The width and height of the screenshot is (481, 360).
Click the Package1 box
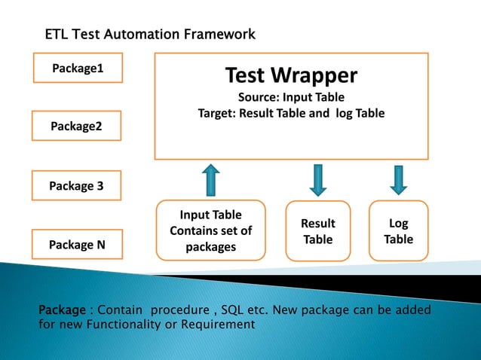point(78,69)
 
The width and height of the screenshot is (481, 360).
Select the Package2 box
point(76,126)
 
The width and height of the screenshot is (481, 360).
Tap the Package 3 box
point(76,185)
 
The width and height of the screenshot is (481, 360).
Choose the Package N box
point(76,244)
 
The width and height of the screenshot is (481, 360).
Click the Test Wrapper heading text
point(291,75)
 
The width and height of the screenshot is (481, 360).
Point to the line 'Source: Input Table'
point(291,97)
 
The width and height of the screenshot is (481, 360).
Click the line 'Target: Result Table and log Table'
point(291,114)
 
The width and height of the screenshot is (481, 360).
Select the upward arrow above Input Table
point(211,179)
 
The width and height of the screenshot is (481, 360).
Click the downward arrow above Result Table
point(317,179)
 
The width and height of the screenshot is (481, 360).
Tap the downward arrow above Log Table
point(398,179)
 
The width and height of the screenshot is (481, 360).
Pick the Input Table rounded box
point(211,230)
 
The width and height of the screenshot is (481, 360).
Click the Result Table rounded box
point(317,231)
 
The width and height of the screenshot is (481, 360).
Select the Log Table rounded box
point(398,231)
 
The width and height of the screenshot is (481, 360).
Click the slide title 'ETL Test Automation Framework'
point(150,35)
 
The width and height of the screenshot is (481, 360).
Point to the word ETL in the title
point(57,35)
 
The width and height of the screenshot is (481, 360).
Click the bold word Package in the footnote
point(62,310)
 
